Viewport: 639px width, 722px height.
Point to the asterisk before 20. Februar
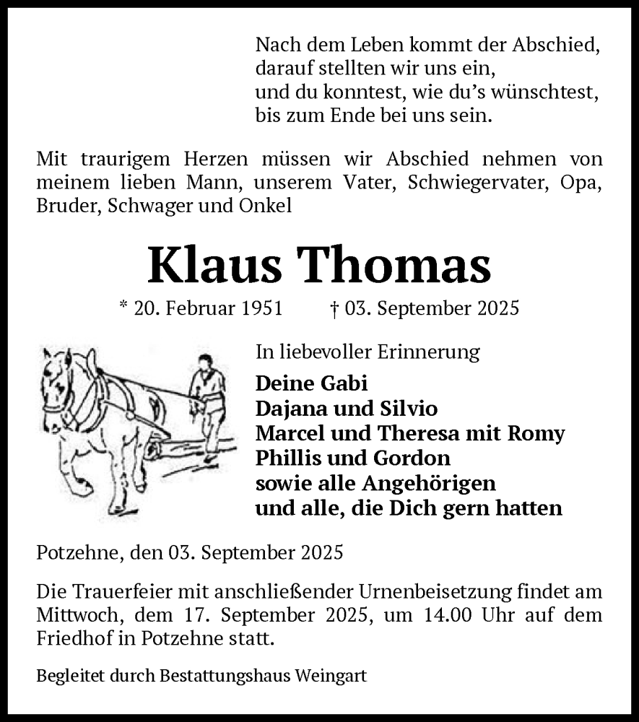pos(123,307)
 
